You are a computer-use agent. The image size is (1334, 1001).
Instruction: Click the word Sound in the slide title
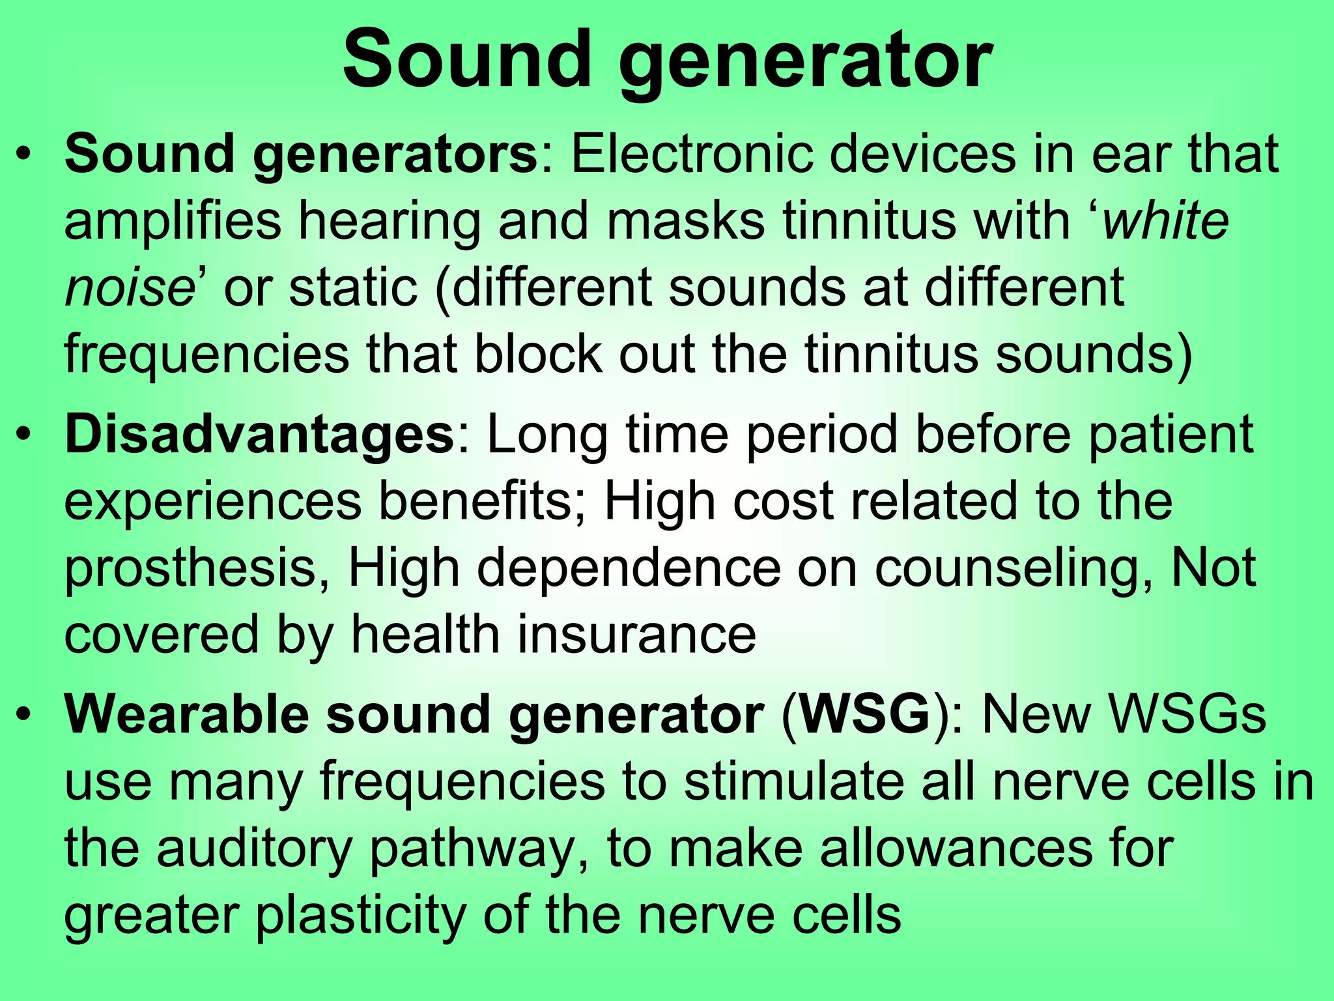465,60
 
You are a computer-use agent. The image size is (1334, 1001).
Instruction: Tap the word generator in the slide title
805,64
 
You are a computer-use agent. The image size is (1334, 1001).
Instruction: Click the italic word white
1165,220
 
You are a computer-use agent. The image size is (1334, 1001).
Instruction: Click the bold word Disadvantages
259,436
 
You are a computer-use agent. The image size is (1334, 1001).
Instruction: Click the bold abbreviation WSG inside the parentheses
865,714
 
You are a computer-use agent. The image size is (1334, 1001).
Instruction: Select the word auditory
254,849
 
